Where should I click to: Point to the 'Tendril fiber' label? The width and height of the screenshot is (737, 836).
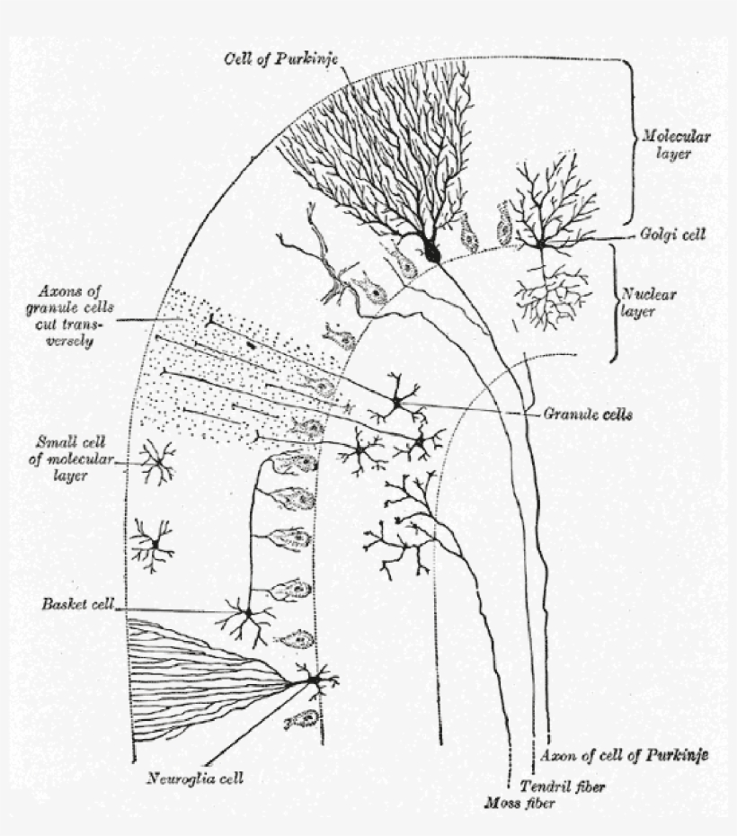pos(556,786)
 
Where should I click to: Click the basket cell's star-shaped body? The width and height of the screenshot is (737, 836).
pos(245,614)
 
